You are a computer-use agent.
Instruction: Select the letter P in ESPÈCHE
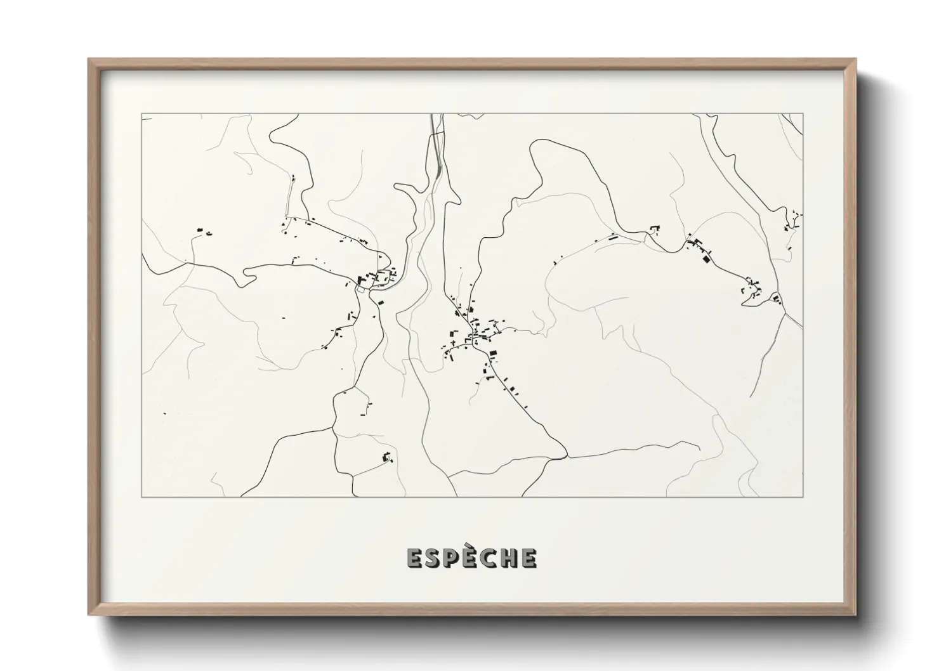click(x=451, y=558)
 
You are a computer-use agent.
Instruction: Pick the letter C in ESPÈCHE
click(x=489, y=558)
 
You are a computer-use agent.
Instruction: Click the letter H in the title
click(x=509, y=558)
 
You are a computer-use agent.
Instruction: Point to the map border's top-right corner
click(x=803, y=114)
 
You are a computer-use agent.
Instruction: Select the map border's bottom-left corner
click(x=141, y=497)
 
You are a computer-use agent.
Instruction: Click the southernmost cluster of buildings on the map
click(x=386, y=457)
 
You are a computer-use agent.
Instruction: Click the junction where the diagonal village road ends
click(x=565, y=455)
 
